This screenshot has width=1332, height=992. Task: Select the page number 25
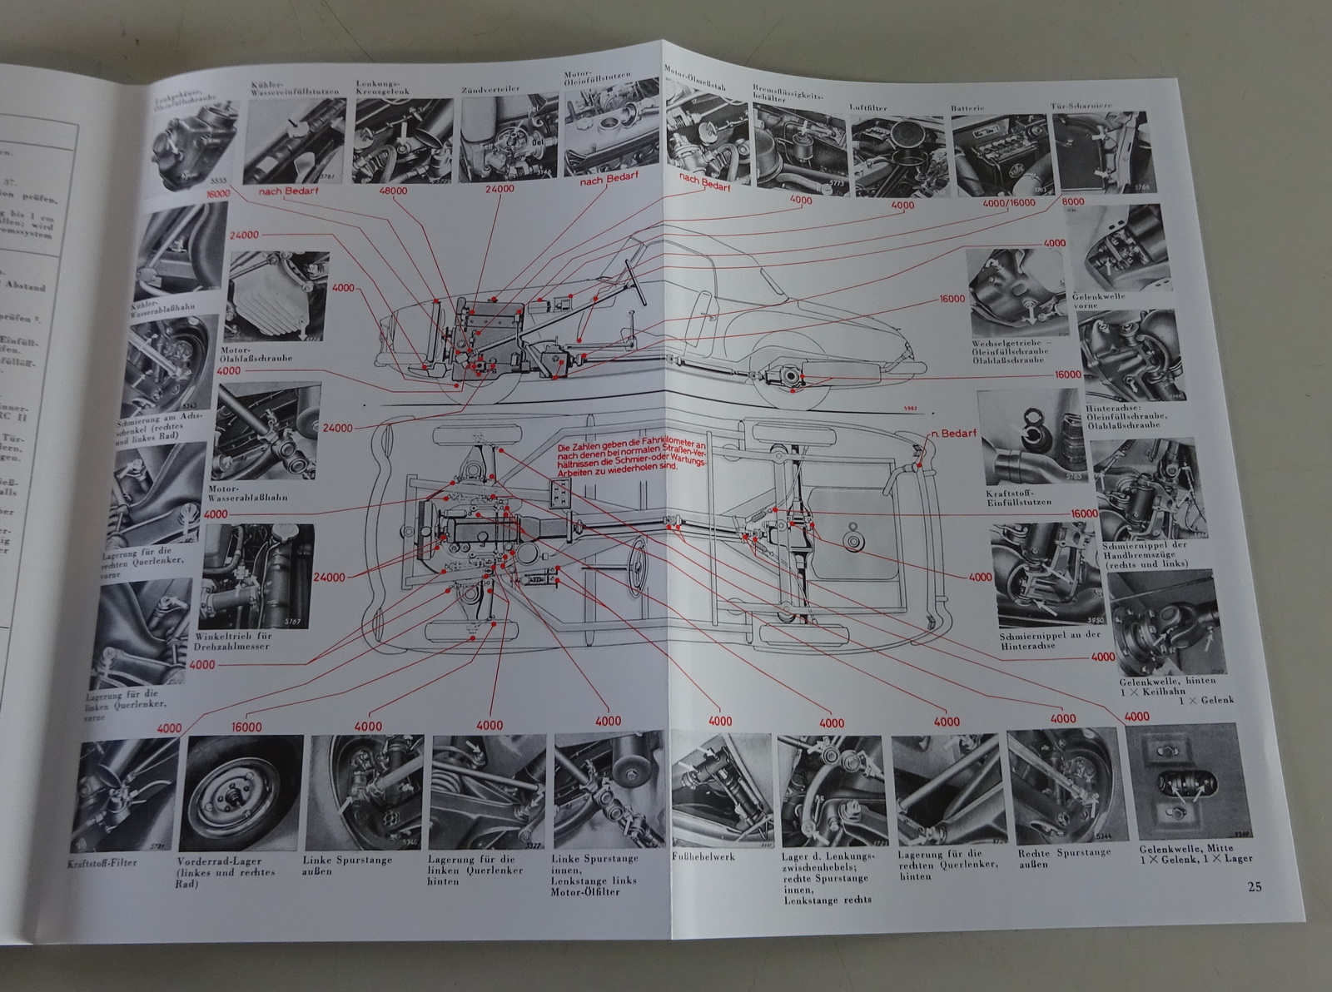point(1254,886)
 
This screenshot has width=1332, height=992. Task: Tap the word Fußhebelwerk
point(702,856)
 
